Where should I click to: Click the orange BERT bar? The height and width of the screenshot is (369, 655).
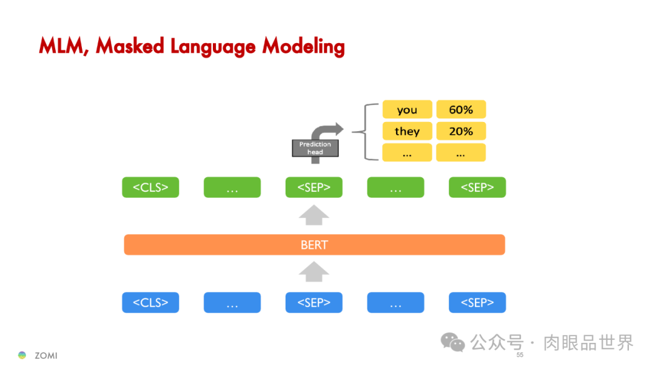coord(314,245)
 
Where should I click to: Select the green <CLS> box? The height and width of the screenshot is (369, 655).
coord(150,188)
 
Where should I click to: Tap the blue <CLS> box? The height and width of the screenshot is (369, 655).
coord(150,302)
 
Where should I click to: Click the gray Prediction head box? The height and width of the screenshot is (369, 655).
coord(315,148)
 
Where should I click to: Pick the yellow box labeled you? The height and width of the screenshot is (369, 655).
coord(407,110)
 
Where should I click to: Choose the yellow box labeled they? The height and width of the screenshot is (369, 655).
coord(407,131)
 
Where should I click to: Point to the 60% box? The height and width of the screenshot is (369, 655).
coord(461,110)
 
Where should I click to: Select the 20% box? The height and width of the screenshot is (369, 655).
coord(461,131)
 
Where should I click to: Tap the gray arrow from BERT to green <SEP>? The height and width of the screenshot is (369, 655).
coord(314,215)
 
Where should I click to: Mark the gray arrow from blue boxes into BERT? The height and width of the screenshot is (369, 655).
coord(314,273)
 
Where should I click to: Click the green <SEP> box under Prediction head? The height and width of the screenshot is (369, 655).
coord(314,188)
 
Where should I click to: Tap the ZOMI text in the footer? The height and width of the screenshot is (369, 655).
coord(46,356)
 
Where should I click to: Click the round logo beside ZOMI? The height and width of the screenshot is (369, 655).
coord(22,355)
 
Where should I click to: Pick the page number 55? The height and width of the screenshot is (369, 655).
coord(520,355)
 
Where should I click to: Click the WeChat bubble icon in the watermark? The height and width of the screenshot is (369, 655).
coord(452,342)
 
